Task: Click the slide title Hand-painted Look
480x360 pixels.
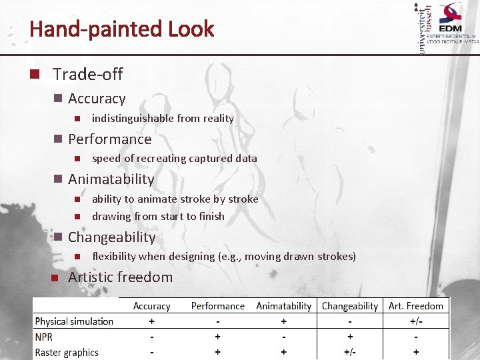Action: coord(122,29)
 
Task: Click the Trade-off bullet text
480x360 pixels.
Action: coord(88,74)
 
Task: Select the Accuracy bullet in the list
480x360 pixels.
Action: coord(97,99)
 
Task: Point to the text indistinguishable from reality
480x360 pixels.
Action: coord(163,118)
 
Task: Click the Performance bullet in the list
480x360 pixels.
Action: coord(110,139)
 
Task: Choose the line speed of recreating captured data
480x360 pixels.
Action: coord(174,159)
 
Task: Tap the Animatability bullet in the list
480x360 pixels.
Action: coord(111,179)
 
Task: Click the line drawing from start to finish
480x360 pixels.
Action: coord(158,216)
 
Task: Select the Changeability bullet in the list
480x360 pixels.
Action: coord(111,237)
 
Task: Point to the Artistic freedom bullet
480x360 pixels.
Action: coord(120,277)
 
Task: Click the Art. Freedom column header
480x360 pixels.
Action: coord(416,306)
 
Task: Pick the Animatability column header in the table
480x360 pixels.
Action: coord(284,306)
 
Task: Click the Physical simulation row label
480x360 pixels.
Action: coord(74,321)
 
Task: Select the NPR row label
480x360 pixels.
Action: coord(44,337)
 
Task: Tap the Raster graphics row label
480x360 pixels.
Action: coord(67,353)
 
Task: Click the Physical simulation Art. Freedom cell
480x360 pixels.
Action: coord(417,321)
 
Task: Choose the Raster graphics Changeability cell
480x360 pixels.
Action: coord(350,353)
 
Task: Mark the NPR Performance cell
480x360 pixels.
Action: coord(218,337)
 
